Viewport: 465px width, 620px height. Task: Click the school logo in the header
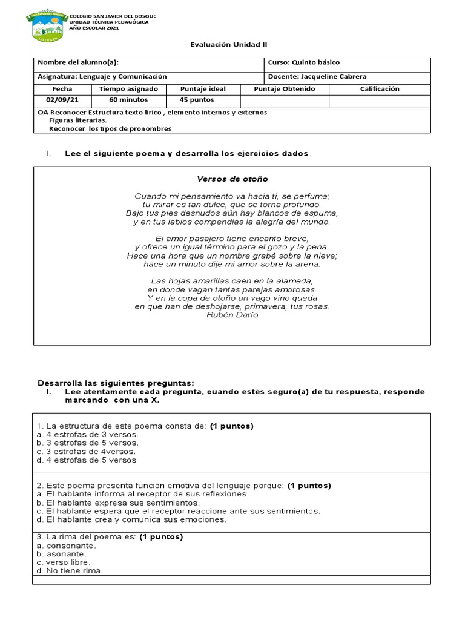(47, 24)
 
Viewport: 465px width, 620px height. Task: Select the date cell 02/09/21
(62, 100)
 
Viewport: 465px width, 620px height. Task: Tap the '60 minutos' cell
(128, 100)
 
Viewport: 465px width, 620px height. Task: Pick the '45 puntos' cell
(197, 100)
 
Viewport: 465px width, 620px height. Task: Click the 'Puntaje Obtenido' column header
(285, 89)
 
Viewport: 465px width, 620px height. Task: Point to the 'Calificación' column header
(380, 89)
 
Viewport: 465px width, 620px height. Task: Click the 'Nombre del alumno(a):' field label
(78, 62)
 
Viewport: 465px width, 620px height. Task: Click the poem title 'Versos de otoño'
(232, 179)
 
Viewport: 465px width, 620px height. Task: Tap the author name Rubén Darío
(232, 315)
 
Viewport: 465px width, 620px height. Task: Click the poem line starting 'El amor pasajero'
(232, 239)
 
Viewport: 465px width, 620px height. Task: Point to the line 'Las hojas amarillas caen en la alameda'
(232, 281)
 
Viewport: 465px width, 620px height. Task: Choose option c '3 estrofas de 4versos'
(86, 452)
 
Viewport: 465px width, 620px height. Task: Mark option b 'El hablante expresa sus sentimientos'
(118, 503)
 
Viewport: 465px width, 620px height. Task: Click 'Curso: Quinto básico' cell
(303, 62)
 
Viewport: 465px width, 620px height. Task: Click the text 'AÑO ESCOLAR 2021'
(95, 28)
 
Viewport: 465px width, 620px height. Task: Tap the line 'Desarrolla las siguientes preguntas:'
(116, 383)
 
